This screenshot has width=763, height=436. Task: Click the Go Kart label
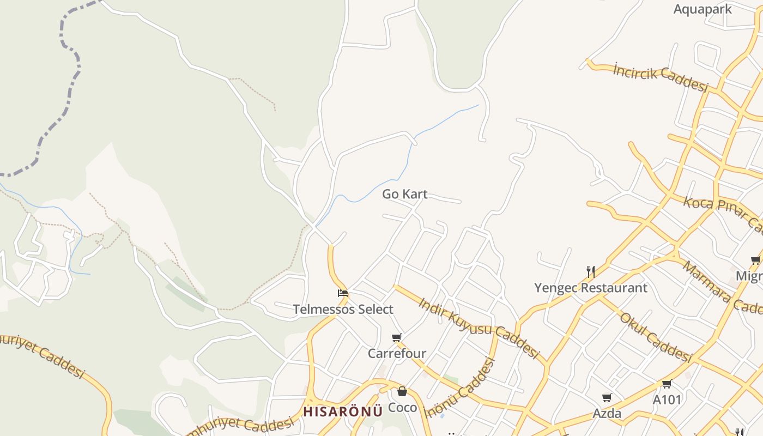[404, 194]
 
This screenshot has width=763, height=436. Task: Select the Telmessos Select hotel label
[343, 310]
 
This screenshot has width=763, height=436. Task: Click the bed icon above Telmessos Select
[343, 293]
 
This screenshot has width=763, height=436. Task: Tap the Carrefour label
[397, 354]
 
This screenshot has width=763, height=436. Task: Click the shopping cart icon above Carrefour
[397, 338]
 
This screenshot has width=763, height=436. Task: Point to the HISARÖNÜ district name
[343, 411]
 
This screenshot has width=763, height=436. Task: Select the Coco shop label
[402, 408]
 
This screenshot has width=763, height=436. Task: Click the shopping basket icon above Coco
[402, 391]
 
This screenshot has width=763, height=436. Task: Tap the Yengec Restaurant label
[591, 288]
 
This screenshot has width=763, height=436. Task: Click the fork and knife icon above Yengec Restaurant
[591, 271]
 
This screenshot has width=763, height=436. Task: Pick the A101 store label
[667, 400]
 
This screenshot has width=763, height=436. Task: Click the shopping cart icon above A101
[667, 384]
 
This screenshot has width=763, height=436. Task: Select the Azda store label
[607, 414]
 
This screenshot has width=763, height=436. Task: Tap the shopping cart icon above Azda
[607, 398]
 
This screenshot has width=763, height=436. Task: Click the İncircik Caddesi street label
[661, 77]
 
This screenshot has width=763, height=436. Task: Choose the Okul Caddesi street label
[656, 337]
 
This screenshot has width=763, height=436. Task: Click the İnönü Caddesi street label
[460, 389]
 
